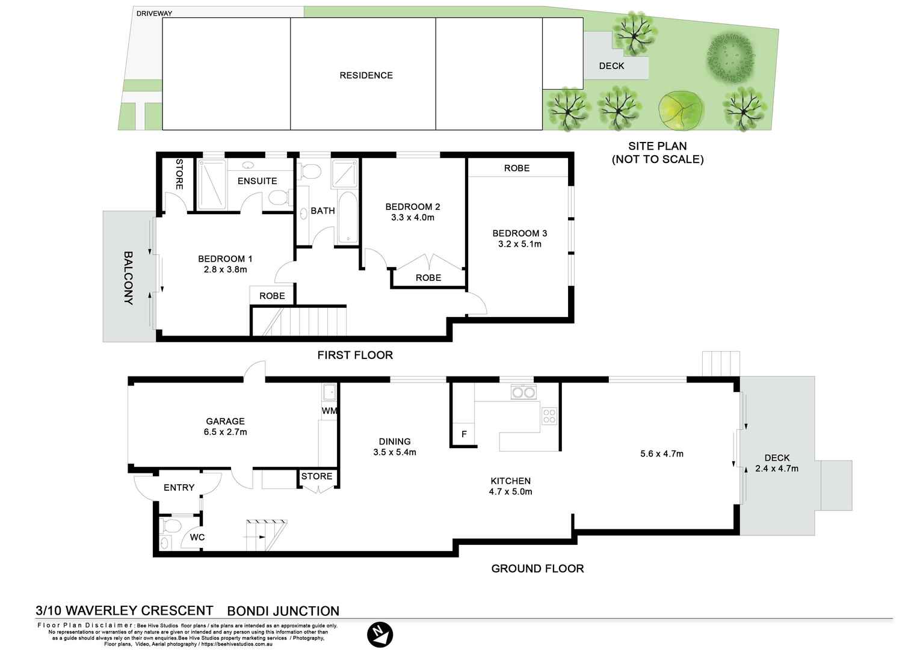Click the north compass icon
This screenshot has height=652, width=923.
(x=380, y=635)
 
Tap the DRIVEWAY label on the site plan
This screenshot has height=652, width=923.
(x=154, y=14)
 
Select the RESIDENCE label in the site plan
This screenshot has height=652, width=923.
(x=366, y=75)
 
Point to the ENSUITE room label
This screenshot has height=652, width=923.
(x=257, y=181)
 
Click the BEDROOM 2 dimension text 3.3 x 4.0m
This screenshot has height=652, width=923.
(x=413, y=218)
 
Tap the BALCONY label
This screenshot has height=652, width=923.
(x=128, y=278)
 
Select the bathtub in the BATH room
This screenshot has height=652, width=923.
(x=348, y=218)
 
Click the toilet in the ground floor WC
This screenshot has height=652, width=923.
(x=172, y=526)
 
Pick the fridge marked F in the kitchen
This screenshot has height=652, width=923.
(x=463, y=434)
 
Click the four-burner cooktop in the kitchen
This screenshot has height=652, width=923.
(x=549, y=416)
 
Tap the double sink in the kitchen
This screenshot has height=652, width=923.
(x=523, y=392)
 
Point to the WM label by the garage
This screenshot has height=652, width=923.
(x=329, y=411)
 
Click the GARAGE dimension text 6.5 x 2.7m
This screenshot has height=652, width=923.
(x=226, y=432)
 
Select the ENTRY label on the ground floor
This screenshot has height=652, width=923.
(x=179, y=488)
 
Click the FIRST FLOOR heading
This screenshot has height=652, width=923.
(x=355, y=355)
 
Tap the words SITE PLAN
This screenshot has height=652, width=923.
(x=657, y=146)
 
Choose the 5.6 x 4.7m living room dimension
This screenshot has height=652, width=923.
(x=662, y=454)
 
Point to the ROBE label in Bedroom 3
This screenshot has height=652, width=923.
(x=517, y=168)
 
